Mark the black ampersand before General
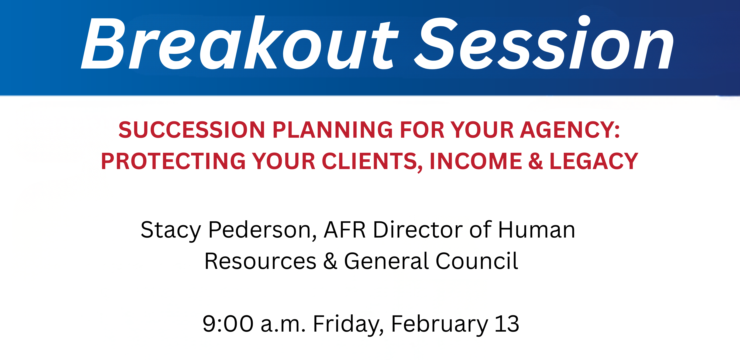tap(330, 261)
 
